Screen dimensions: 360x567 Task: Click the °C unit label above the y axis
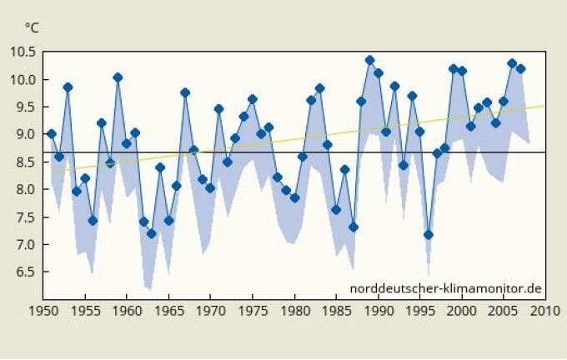click(32, 27)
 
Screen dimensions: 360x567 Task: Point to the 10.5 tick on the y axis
click(23, 52)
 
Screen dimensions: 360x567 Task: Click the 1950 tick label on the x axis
click(43, 311)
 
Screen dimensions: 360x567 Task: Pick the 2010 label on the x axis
click(546, 311)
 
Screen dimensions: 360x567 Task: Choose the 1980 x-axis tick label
click(294, 311)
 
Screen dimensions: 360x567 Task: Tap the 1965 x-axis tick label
click(168, 311)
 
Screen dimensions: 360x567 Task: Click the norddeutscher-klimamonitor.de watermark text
click(446, 288)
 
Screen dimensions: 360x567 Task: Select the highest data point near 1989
click(370, 60)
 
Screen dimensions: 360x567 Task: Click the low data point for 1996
click(429, 234)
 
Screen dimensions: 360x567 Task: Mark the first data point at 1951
click(51, 133)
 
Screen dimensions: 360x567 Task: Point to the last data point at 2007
click(521, 68)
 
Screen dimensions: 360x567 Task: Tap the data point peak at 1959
click(118, 77)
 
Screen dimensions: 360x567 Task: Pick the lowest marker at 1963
click(152, 233)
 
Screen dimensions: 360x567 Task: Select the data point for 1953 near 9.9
click(68, 87)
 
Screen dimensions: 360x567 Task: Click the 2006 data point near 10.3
click(512, 63)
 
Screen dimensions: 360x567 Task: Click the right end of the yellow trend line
click(545, 106)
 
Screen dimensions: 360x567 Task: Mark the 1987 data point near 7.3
click(354, 227)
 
